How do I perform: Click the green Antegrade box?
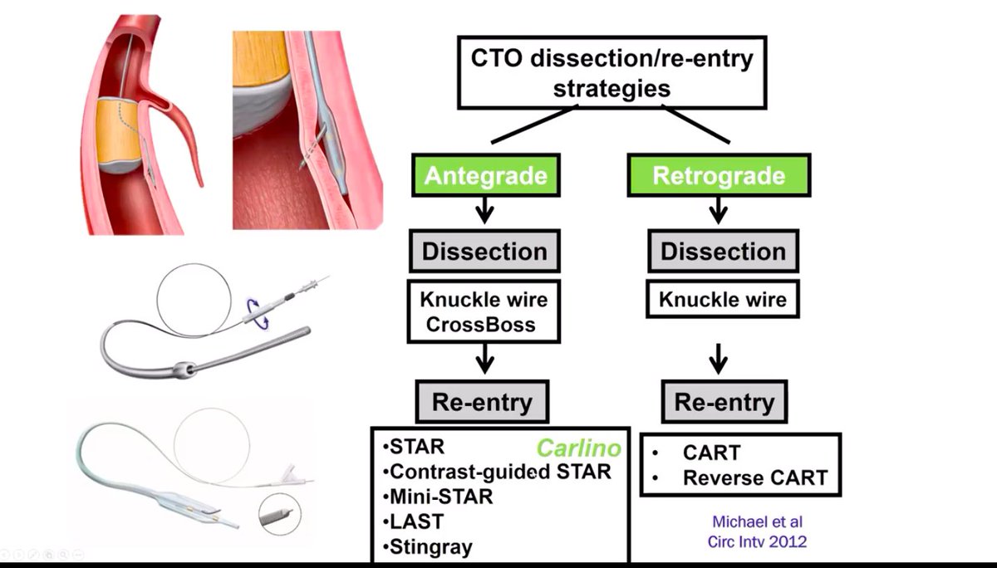[x=485, y=175]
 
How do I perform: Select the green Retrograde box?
[x=719, y=175]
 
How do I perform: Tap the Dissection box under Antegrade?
[x=484, y=252]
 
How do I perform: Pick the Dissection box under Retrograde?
[x=723, y=252]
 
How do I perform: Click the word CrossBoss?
[x=481, y=325]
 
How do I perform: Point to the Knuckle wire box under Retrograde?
[x=722, y=299]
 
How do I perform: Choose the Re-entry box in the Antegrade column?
[x=482, y=402]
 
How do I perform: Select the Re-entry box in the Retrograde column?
[x=724, y=402]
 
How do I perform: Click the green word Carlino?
[x=578, y=448]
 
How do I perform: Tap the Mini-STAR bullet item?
[x=438, y=497]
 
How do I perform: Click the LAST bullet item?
[x=414, y=521]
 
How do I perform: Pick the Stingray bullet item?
[x=427, y=547]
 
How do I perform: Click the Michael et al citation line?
[x=758, y=521]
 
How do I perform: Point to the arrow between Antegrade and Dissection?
[x=484, y=210]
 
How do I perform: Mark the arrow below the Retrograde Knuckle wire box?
[x=719, y=359]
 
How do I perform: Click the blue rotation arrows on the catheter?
[x=258, y=314]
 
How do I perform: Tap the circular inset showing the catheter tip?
[x=280, y=515]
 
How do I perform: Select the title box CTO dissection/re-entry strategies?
[x=612, y=72]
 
